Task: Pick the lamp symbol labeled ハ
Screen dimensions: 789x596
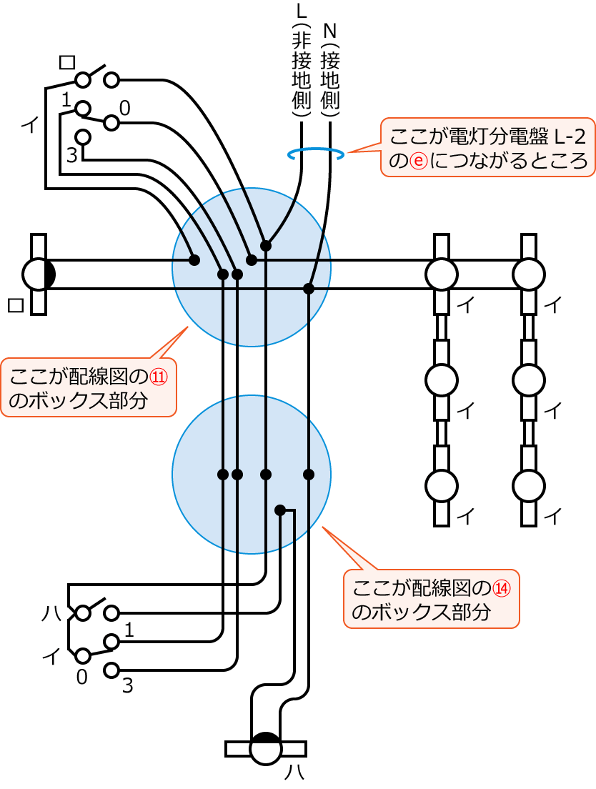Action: point(266,748)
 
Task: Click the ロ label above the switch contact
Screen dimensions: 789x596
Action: point(66,63)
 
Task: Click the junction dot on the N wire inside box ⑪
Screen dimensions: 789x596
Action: point(309,289)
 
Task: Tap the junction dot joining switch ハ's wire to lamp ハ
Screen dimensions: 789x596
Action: point(280,510)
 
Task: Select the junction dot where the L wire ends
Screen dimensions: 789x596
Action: point(266,246)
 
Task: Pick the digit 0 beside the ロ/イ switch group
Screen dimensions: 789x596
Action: point(124,108)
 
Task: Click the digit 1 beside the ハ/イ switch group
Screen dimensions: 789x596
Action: point(129,629)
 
